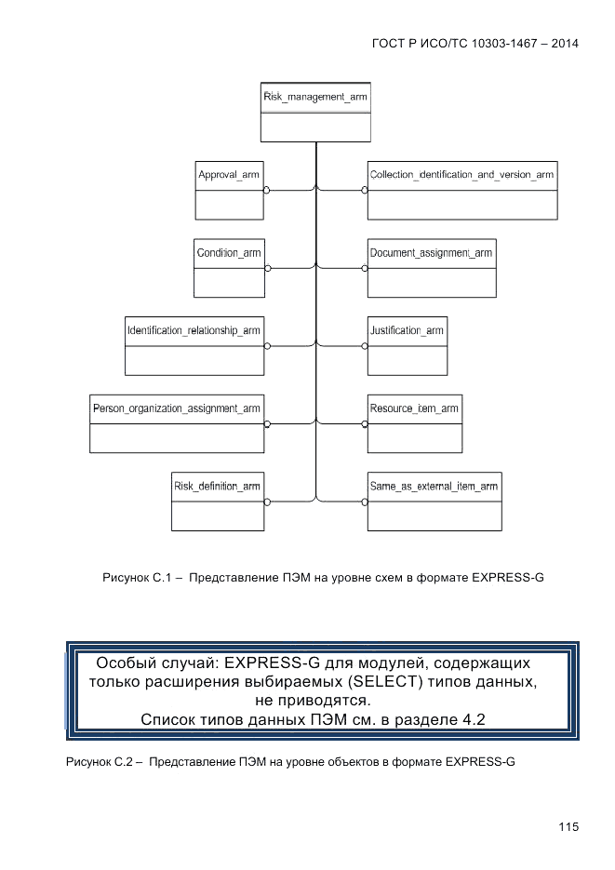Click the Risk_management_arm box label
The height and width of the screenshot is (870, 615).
[315, 97]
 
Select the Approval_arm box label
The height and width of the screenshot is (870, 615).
[228, 175]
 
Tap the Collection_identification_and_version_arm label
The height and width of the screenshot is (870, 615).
[461, 175]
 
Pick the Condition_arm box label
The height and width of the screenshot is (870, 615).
[228, 253]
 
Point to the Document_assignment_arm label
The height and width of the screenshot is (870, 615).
[431, 253]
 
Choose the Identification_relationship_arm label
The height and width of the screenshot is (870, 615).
[194, 330]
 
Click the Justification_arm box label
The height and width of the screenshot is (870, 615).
[407, 330]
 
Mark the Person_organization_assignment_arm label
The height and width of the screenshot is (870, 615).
[176, 408]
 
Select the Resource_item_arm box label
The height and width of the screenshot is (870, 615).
[414, 408]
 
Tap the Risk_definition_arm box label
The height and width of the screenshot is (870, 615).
[217, 486]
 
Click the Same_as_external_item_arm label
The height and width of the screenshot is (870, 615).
[434, 486]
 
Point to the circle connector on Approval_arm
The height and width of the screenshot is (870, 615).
[266, 190]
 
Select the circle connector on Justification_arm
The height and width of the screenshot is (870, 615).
[365, 345]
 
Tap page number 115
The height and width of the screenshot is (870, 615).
[568, 826]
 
